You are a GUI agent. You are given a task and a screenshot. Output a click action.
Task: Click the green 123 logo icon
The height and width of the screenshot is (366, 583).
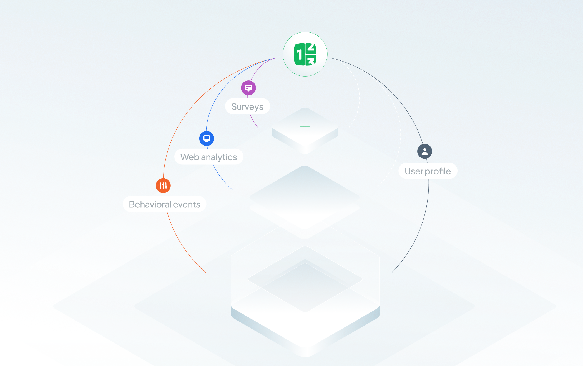click(305, 54)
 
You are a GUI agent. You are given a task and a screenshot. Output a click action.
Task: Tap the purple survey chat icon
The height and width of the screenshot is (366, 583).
click(248, 88)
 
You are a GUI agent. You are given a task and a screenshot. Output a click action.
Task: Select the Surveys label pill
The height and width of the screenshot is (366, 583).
click(247, 106)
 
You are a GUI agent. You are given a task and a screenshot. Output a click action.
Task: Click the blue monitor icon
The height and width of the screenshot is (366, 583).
click(207, 138)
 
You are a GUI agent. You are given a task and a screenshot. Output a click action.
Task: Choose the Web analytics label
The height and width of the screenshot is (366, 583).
click(209, 157)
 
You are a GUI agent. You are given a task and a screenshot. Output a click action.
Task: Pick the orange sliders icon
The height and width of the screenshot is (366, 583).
click(163, 185)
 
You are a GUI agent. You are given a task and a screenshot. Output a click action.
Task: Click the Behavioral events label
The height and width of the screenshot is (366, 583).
click(164, 204)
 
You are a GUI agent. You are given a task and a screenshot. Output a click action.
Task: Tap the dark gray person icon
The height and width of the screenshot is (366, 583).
click(424, 151)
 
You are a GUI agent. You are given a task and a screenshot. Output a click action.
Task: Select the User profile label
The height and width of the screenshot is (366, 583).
click(428, 171)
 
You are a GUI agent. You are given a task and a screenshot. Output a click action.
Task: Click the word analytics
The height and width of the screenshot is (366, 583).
click(219, 157)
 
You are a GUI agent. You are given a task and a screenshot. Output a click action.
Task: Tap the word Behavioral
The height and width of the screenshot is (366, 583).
click(150, 204)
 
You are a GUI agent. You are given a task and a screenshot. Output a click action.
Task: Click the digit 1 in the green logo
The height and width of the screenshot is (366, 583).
click(299, 55)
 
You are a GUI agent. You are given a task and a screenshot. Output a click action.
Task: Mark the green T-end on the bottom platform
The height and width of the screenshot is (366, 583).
click(305, 279)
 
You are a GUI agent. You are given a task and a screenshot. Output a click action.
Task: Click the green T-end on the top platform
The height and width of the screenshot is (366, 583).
click(305, 127)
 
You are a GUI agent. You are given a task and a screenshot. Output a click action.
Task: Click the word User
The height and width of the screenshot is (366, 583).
click(414, 171)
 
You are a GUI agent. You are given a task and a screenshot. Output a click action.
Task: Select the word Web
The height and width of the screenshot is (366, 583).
click(190, 157)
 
